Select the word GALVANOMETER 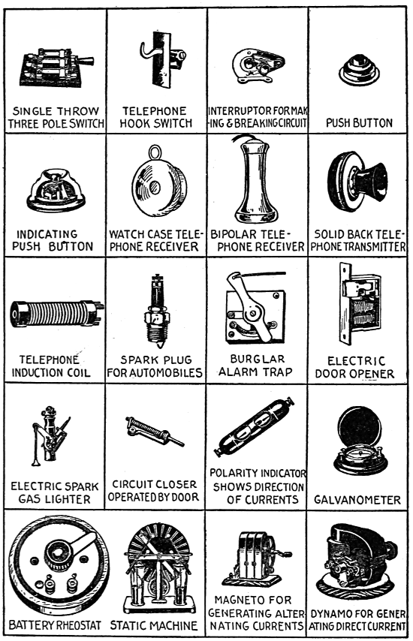click(x=357, y=500)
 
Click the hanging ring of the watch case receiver click(x=155, y=152)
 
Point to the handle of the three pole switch click(x=86, y=62)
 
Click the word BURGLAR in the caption click(x=258, y=359)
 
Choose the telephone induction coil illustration click(x=57, y=314)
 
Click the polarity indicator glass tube click(x=255, y=426)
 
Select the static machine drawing click(x=158, y=567)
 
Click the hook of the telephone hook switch click(x=147, y=48)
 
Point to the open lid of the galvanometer click(x=360, y=427)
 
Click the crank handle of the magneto click(x=283, y=554)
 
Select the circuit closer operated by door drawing click(x=155, y=431)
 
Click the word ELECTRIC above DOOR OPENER click(x=356, y=361)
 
